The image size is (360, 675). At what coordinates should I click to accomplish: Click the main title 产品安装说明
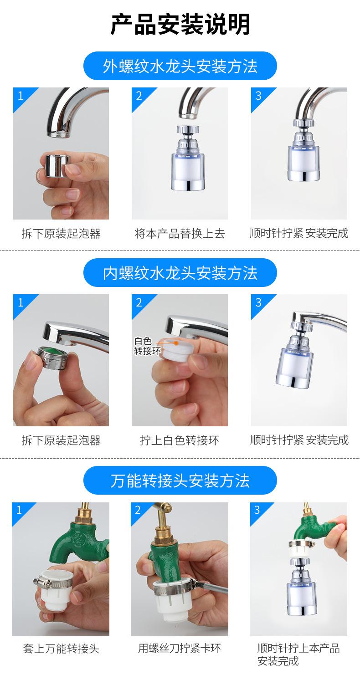pyautogui.click(x=180, y=25)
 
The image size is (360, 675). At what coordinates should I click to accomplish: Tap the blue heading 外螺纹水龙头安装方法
pyautogui.click(x=180, y=66)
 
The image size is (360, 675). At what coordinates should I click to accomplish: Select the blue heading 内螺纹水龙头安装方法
pyautogui.click(x=180, y=273)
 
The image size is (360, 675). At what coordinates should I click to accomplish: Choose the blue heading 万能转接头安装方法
pyautogui.click(x=180, y=481)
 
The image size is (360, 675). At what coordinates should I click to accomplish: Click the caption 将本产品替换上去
pyautogui.click(x=180, y=234)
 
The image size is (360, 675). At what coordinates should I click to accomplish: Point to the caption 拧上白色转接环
pyautogui.click(x=180, y=440)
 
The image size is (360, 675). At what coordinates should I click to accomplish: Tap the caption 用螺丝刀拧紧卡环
pyautogui.click(x=180, y=648)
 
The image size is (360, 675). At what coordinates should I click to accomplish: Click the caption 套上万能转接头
pyautogui.click(x=61, y=648)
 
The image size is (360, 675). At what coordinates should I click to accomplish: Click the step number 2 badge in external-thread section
pyautogui.click(x=139, y=95)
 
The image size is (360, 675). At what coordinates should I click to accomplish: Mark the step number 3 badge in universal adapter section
pyautogui.click(x=257, y=510)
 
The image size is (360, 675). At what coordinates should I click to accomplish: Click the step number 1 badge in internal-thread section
pyautogui.click(x=20, y=302)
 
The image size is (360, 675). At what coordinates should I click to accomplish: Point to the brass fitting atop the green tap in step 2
pyautogui.click(x=164, y=530)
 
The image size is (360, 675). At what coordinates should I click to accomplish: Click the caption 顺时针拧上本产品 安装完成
pyautogui.click(x=298, y=654)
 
